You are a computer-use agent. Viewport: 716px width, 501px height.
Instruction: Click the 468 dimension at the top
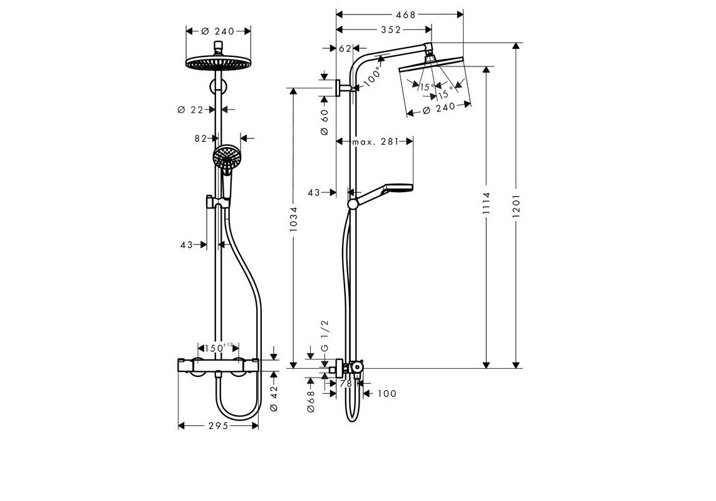pyautogui.click(x=406, y=14)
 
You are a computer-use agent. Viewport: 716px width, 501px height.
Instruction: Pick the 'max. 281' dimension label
pyautogui.click(x=375, y=142)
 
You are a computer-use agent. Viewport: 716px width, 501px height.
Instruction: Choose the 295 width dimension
pyautogui.click(x=219, y=425)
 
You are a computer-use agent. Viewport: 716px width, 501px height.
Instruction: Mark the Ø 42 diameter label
pyautogui.click(x=273, y=398)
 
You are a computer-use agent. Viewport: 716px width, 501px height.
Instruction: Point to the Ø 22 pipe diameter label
pyautogui.click(x=190, y=110)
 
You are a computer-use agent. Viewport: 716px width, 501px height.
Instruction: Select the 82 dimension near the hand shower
pyautogui.click(x=200, y=139)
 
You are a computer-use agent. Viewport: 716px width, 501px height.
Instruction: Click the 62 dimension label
pyautogui.click(x=344, y=48)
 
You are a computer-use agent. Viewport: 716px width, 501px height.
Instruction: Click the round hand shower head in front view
pyautogui.click(x=226, y=156)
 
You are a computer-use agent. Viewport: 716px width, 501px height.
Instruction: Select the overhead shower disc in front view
pyautogui.click(x=218, y=63)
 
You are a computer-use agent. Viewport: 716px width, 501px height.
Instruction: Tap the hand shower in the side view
pyautogui.click(x=388, y=189)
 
